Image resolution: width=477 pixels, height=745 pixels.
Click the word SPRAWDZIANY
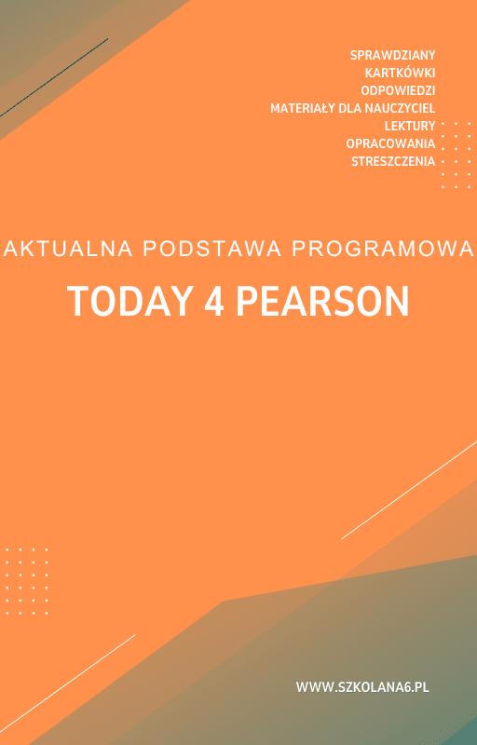coord(392,55)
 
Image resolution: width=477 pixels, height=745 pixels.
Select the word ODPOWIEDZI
coord(398,90)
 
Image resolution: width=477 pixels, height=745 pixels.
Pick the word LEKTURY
coord(410,126)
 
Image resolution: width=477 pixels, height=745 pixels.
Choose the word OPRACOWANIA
coord(390,143)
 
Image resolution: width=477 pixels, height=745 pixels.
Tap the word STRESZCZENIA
coord(393,161)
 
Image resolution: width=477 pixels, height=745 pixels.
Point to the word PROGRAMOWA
coord(383,250)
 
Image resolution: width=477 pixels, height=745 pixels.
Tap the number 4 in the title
coord(213,301)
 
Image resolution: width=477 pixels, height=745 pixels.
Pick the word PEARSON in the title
coord(322,301)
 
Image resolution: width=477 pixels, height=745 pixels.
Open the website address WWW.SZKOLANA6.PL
coord(362,687)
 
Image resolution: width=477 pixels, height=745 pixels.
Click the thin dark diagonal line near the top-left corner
coord(56,76)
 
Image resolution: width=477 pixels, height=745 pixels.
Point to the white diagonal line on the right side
coord(410,489)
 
